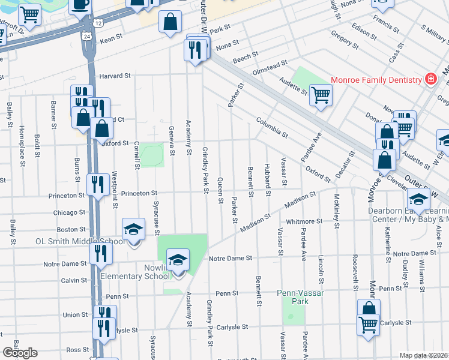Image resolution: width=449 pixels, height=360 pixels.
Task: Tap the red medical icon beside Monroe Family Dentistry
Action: [430, 79]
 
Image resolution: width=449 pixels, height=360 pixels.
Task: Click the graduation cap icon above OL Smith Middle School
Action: [134, 229]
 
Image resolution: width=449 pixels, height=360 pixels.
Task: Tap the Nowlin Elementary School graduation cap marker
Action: [178, 260]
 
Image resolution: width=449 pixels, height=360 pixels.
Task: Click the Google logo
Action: [20, 353]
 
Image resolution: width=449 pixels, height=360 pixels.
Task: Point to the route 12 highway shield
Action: [97, 23]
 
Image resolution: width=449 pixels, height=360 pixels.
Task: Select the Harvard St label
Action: [115, 76]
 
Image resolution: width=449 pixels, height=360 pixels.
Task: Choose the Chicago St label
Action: [69, 213]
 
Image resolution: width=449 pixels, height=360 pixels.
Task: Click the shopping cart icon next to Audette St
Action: [321, 94]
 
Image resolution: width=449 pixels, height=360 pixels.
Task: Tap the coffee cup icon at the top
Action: [80, 4]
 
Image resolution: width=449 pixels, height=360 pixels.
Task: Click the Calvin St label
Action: [74, 280]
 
